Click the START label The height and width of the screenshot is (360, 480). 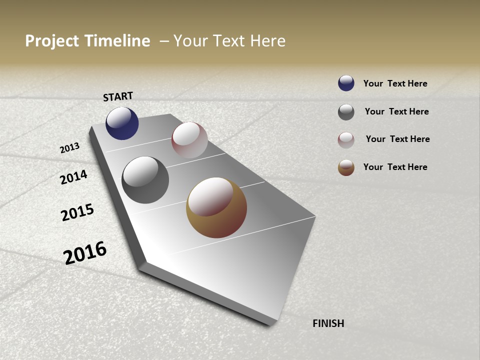point(118,96)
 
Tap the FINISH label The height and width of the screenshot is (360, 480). point(328,323)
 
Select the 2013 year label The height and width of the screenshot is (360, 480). point(70,148)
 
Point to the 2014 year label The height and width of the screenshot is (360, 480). point(74,177)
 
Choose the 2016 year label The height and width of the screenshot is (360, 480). point(85,252)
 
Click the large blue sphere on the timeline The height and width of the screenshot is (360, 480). point(122,123)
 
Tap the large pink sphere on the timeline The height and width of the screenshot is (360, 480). point(189,140)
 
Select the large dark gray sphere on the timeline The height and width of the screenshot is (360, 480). point(145,180)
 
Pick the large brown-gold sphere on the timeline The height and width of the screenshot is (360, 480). point(216,207)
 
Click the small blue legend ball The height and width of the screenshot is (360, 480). point(346,83)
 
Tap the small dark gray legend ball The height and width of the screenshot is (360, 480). point(346,112)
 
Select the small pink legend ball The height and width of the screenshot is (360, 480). point(346,140)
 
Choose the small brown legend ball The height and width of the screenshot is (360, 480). point(346,167)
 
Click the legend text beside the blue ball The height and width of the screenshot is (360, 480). point(395,83)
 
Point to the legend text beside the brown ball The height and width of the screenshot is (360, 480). point(395,167)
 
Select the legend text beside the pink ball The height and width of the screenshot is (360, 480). point(397,139)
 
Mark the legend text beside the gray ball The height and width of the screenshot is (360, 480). point(396,111)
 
